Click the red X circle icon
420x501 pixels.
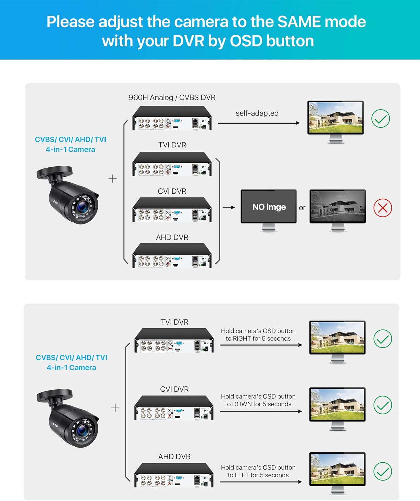[382, 208]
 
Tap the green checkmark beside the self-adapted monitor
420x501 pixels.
[380, 119]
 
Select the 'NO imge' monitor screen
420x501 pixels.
[269, 207]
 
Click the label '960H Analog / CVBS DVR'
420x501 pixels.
[172, 97]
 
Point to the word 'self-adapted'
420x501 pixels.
[257, 113]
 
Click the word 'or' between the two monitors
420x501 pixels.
[302, 208]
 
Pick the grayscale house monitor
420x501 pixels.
[338, 206]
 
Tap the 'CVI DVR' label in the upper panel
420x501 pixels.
[172, 191]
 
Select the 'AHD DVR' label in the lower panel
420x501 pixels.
[174, 457]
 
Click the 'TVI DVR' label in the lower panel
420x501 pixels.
[174, 322]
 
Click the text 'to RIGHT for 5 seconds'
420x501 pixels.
[258, 339]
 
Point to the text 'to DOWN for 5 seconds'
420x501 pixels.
[258, 404]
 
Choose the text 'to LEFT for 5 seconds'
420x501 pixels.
[258, 475]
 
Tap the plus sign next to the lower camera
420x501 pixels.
[115, 408]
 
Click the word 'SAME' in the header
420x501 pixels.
[299, 22]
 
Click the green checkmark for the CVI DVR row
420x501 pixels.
[382, 405]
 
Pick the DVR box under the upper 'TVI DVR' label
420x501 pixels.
[172, 164]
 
